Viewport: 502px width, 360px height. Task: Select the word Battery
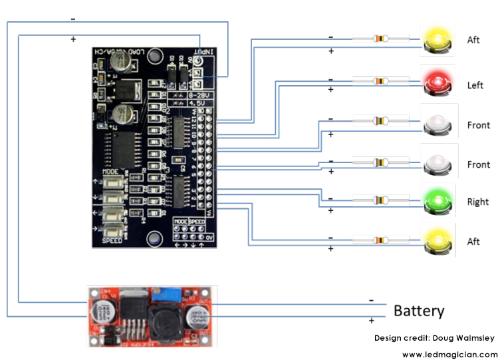coord(419,311)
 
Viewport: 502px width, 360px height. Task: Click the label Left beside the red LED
coord(475,85)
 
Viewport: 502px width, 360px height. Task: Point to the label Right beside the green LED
coord(477,202)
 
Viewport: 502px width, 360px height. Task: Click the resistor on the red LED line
coord(380,81)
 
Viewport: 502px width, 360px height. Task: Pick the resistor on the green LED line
coord(380,199)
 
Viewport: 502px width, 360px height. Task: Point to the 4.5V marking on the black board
coord(197,104)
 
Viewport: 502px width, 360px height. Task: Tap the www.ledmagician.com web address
coord(449,354)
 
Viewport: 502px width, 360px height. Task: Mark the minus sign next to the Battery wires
coord(371,299)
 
